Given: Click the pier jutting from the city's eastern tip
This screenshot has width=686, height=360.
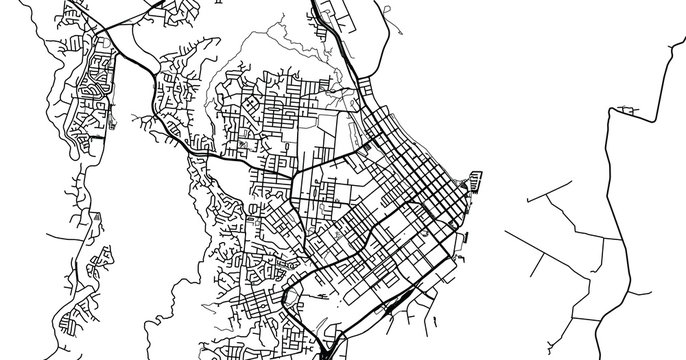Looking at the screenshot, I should click(x=474, y=183).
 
